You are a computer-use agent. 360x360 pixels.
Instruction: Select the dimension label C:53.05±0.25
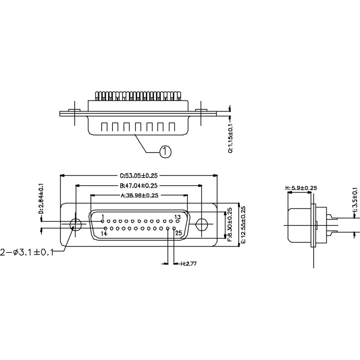coord(139,176)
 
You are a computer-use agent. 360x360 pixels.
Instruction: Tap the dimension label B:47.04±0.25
coord(139,185)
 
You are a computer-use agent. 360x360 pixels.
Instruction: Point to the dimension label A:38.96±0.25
coord(139,196)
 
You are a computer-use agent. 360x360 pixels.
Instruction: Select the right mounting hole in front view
coord(202,223)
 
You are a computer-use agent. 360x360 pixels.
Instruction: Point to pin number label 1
coord(103,217)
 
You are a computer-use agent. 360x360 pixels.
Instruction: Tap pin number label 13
coord(177,217)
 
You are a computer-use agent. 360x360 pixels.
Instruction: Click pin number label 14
coord(104,234)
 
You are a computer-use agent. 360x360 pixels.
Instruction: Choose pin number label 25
coord(178,234)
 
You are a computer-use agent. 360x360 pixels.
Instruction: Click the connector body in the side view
coord(299,224)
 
